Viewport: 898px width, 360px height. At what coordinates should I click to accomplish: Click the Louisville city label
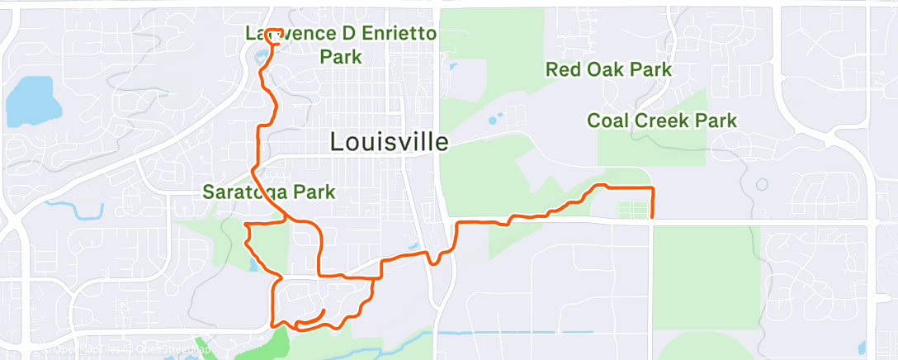[x=389, y=142]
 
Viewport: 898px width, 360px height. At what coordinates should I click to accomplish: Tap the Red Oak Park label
[x=608, y=69]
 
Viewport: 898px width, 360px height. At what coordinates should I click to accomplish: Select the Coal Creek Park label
[x=661, y=121]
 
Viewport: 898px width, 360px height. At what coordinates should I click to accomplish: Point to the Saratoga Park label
[x=269, y=193]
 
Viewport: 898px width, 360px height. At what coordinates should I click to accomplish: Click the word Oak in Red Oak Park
[x=608, y=69]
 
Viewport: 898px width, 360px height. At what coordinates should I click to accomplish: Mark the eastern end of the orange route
[x=653, y=218]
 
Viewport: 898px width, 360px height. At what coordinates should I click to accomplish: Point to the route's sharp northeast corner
[x=653, y=189]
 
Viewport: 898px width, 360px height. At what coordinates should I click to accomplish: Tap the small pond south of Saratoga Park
[x=252, y=266]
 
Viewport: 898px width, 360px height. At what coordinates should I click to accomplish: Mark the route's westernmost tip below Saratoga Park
[x=244, y=224]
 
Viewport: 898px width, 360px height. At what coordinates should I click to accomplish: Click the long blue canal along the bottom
[x=512, y=332]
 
